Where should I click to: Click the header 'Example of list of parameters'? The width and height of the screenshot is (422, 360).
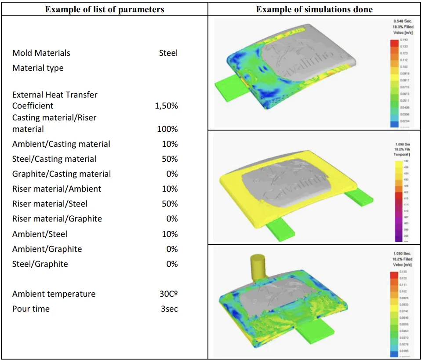coord(104,9)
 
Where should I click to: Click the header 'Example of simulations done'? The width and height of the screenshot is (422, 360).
coord(314,9)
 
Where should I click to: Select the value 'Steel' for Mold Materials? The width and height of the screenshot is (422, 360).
coord(168,53)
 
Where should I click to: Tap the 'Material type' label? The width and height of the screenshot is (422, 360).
coord(38,68)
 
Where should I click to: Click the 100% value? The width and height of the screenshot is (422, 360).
coord(167,129)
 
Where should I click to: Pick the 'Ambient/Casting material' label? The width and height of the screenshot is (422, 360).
coord(61,144)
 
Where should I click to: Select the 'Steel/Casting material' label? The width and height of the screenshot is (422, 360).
coord(54,159)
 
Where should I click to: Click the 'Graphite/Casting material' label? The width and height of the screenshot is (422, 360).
coord(62,174)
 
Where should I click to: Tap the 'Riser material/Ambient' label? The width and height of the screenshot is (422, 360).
coord(57,189)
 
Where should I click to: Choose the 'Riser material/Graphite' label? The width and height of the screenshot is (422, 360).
coord(57,219)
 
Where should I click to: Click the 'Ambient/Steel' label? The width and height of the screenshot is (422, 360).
coord(40,234)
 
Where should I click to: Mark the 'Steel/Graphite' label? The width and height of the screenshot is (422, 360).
coord(40,264)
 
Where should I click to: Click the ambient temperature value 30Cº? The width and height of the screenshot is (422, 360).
coord(168,294)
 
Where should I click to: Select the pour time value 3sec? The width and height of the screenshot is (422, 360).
coord(169,309)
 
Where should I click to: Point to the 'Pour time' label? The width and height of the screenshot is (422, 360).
coord(31,309)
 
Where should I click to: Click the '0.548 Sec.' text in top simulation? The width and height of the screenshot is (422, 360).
coord(403,21)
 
